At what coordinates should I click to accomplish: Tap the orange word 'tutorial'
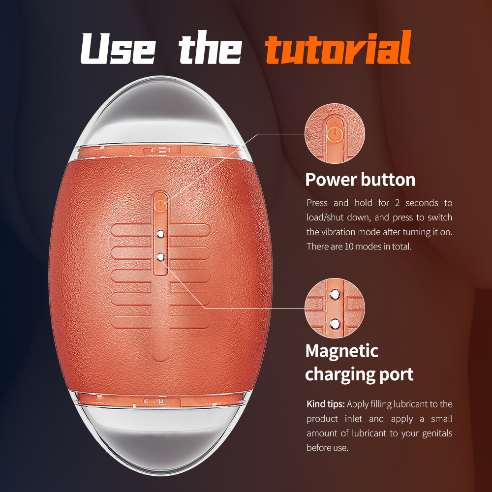338,47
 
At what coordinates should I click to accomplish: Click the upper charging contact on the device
160,234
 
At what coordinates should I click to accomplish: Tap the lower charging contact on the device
160,257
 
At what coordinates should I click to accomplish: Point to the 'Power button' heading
360,180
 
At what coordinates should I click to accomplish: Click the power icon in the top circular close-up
335,135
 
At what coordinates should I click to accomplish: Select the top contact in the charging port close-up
335,295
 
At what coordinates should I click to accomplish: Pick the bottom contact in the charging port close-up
335,324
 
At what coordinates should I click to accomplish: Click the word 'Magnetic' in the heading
342,351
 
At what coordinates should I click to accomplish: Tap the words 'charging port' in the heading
359,374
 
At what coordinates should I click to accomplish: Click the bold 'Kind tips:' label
325,404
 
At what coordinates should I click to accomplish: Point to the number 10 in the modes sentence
349,246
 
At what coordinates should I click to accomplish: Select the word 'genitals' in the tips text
437,433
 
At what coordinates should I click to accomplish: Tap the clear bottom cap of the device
159,439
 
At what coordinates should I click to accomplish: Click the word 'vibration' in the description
337,232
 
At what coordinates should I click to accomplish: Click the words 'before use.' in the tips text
328,448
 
